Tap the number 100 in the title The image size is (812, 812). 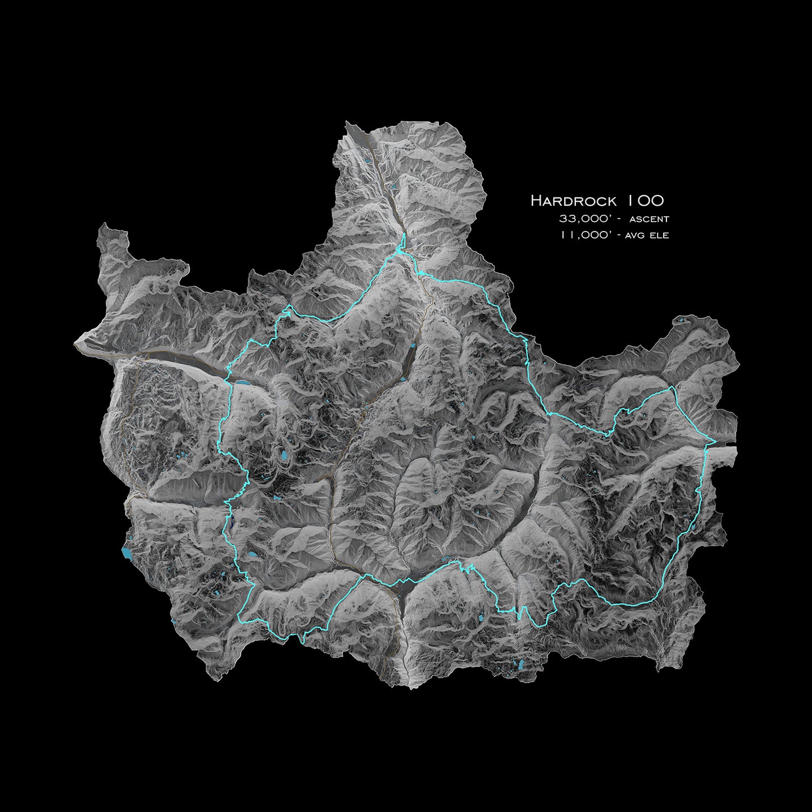point(646,201)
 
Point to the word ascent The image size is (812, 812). point(649,219)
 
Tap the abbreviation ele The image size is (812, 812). point(659,236)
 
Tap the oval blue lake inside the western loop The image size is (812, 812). point(286,456)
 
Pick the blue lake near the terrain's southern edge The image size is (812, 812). point(523,665)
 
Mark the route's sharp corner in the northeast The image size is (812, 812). point(673,388)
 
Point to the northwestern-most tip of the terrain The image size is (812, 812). point(102,225)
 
